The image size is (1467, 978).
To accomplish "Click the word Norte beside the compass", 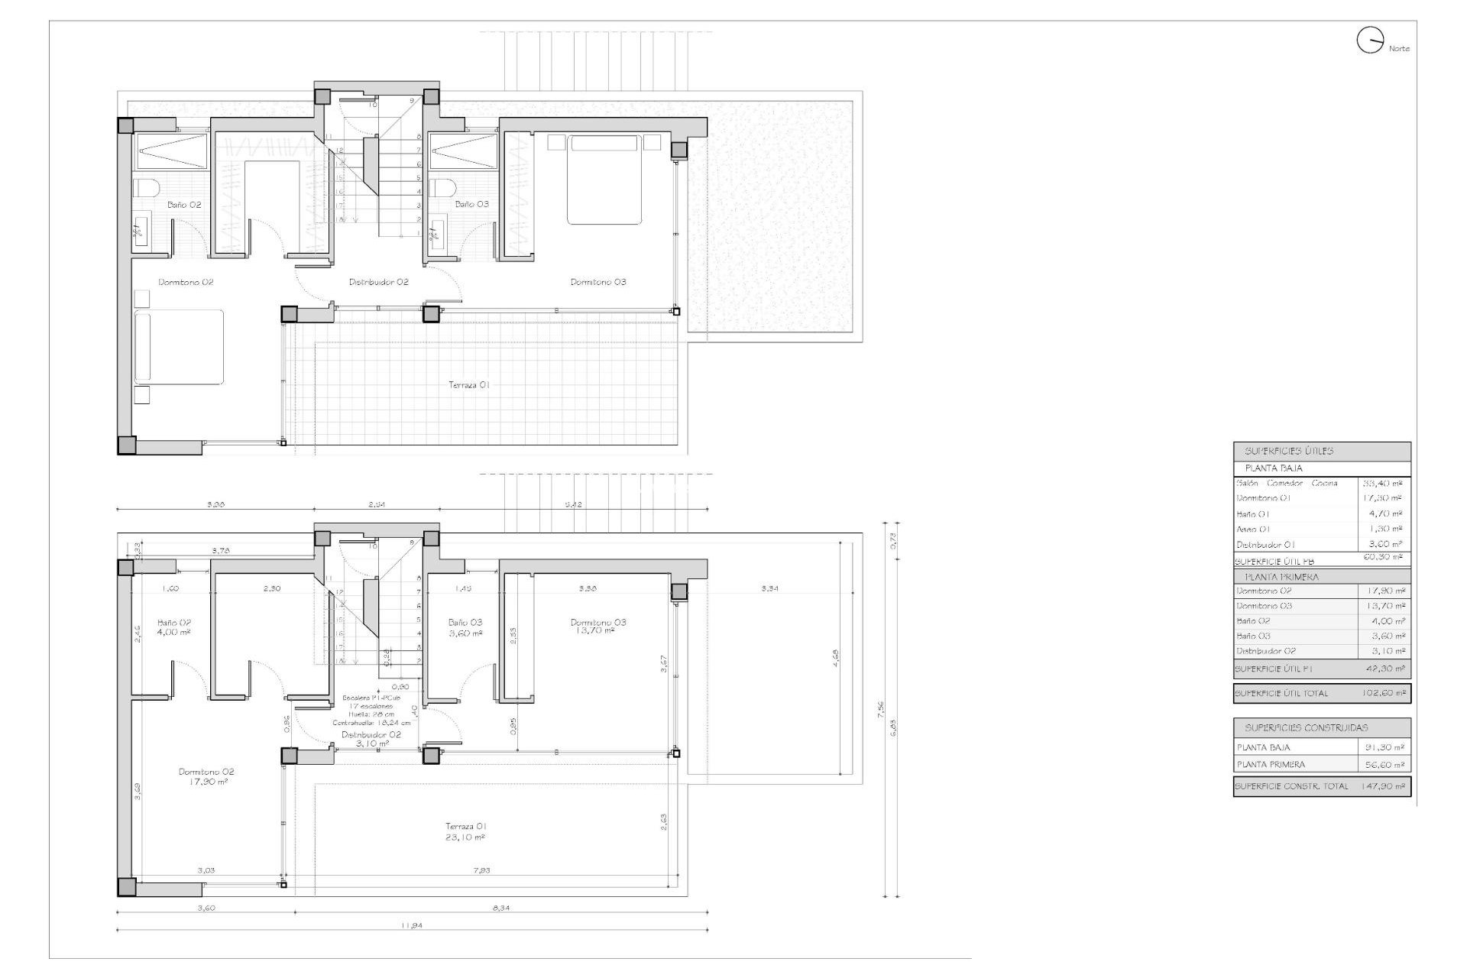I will [1399, 49].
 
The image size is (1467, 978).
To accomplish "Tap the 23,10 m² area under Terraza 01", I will [465, 837].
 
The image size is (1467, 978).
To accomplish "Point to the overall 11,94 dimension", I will [412, 925].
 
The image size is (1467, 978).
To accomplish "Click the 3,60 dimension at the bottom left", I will [206, 908].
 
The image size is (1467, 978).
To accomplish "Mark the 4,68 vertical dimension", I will [835, 655].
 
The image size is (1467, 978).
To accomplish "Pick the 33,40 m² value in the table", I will [1383, 483].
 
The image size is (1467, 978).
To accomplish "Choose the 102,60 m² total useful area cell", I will [1384, 693].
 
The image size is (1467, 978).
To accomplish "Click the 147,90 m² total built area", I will [1384, 786].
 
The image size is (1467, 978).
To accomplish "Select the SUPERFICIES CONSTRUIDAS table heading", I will [1306, 727].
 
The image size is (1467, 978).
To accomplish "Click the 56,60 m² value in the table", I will [1384, 764].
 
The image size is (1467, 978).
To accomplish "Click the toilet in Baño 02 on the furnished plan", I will [145, 188].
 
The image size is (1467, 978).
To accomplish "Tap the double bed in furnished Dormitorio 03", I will [603, 180].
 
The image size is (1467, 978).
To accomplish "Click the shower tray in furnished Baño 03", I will [461, 151].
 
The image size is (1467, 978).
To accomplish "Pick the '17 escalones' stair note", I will [371, 706].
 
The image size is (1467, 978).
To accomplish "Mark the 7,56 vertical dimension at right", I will [880, 710].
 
